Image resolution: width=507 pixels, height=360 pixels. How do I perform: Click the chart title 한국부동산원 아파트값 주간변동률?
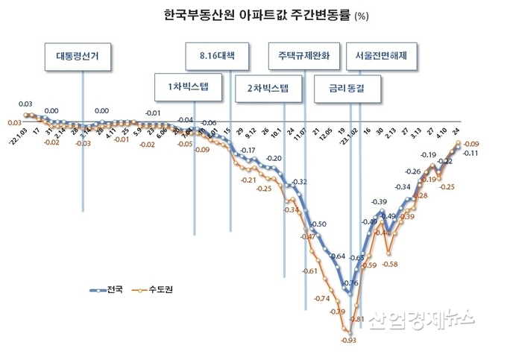pos(247,14)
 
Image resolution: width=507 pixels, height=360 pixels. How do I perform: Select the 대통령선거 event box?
pos(82,57)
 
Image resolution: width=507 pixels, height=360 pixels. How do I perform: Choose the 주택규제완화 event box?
pos(305,57)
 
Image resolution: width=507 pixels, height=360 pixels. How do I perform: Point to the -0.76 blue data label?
pos(351,283)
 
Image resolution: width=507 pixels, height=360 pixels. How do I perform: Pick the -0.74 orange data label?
pos(323,298)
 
